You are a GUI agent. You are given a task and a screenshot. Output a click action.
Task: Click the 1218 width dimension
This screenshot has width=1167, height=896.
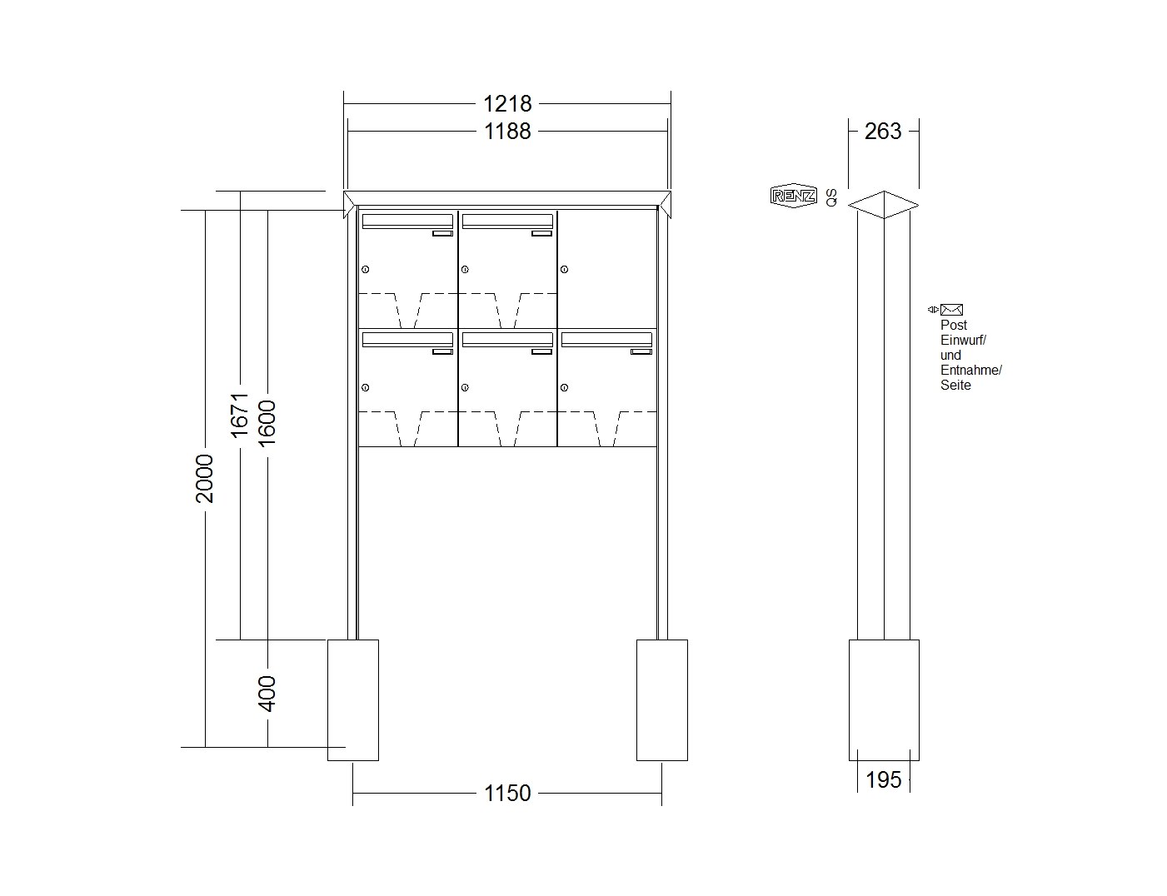point(507,103)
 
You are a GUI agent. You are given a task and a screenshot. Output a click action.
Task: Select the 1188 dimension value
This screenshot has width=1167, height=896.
point(507,131)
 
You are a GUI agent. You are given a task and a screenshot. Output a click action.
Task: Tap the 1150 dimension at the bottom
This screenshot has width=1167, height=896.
point(507,793)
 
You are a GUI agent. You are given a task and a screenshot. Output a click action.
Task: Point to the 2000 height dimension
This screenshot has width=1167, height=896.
point(205,478)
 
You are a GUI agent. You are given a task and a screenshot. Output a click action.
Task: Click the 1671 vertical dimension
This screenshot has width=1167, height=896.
point(240,416)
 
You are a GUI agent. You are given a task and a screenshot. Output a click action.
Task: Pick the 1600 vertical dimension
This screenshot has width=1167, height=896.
point(267,423)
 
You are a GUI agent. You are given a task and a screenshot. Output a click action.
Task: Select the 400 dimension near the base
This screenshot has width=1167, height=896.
point(267,694)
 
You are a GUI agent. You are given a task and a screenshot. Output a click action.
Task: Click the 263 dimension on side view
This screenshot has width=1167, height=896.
point(883,132)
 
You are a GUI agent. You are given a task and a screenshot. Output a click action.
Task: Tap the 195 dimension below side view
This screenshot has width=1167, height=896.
point(884,780)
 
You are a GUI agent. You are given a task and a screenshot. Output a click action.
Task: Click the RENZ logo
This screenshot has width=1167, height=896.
point(793,197)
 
